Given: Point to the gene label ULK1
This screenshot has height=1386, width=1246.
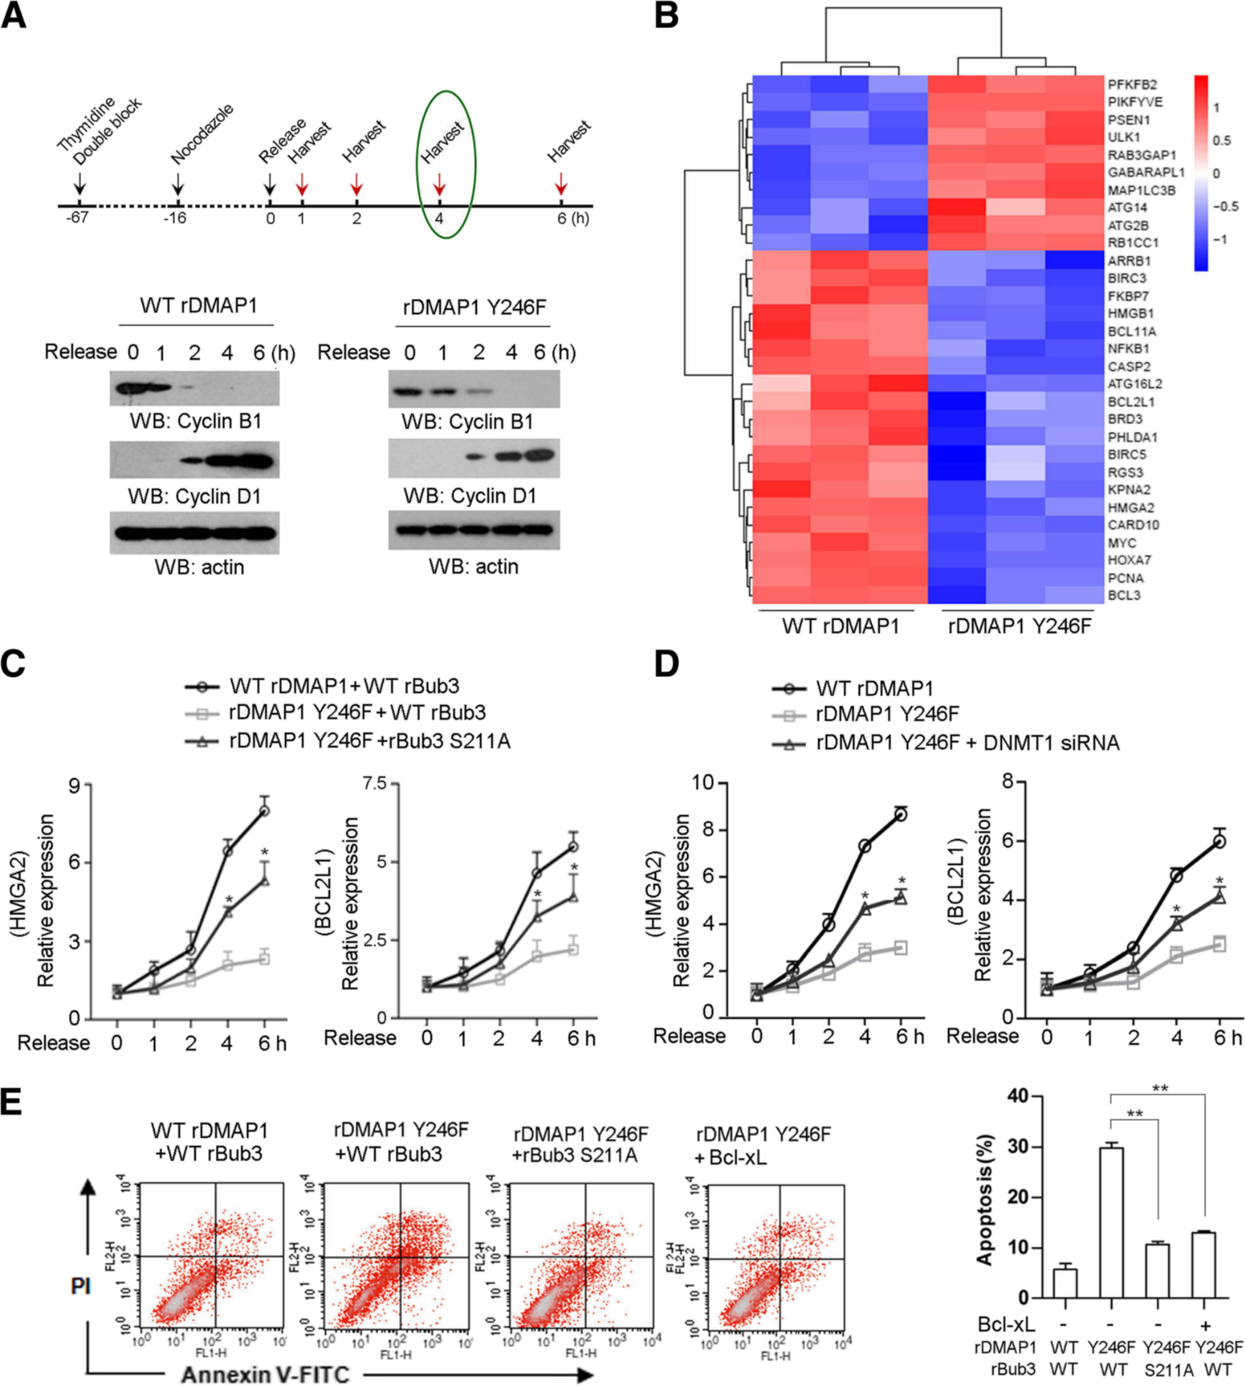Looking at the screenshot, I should (1125, 138).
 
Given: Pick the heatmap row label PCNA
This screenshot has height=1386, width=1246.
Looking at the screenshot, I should (1125, 578).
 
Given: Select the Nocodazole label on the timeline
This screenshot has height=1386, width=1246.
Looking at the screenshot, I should (202, 134).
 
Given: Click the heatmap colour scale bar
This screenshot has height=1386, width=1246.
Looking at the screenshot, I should (1200, 172).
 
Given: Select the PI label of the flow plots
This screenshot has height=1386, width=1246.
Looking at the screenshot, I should (80, 1287).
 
